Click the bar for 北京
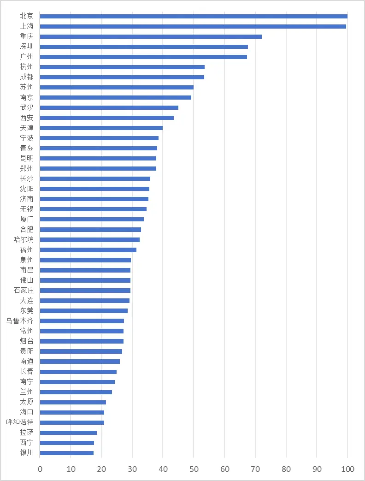194,16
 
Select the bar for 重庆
151,36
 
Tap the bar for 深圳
144,47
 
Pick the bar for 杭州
122,67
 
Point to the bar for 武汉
109,107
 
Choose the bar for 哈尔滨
90,240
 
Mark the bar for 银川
67,453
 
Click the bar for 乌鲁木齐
82,321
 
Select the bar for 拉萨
68,433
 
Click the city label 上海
27,26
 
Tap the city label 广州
27,57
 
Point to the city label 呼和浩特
20,422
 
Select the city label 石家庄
24,291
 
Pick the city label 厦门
27,220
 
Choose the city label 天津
27,128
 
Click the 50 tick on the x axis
194,469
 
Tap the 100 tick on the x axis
347,469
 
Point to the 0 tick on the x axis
40,469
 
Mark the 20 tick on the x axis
101,469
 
